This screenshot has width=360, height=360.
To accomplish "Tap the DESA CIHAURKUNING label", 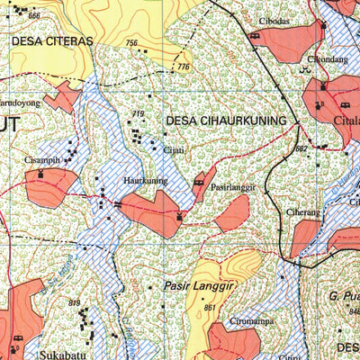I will (x=231, y=120).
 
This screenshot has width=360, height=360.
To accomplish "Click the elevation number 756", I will (x=131, y=43).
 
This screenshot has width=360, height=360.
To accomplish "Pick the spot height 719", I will (x=138, y=113).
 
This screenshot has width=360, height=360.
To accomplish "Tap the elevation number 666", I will (x=34, y=16).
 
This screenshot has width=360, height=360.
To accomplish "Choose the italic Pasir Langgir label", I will (x=199, y=286).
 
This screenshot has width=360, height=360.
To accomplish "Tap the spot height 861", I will (x=210, y=308).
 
